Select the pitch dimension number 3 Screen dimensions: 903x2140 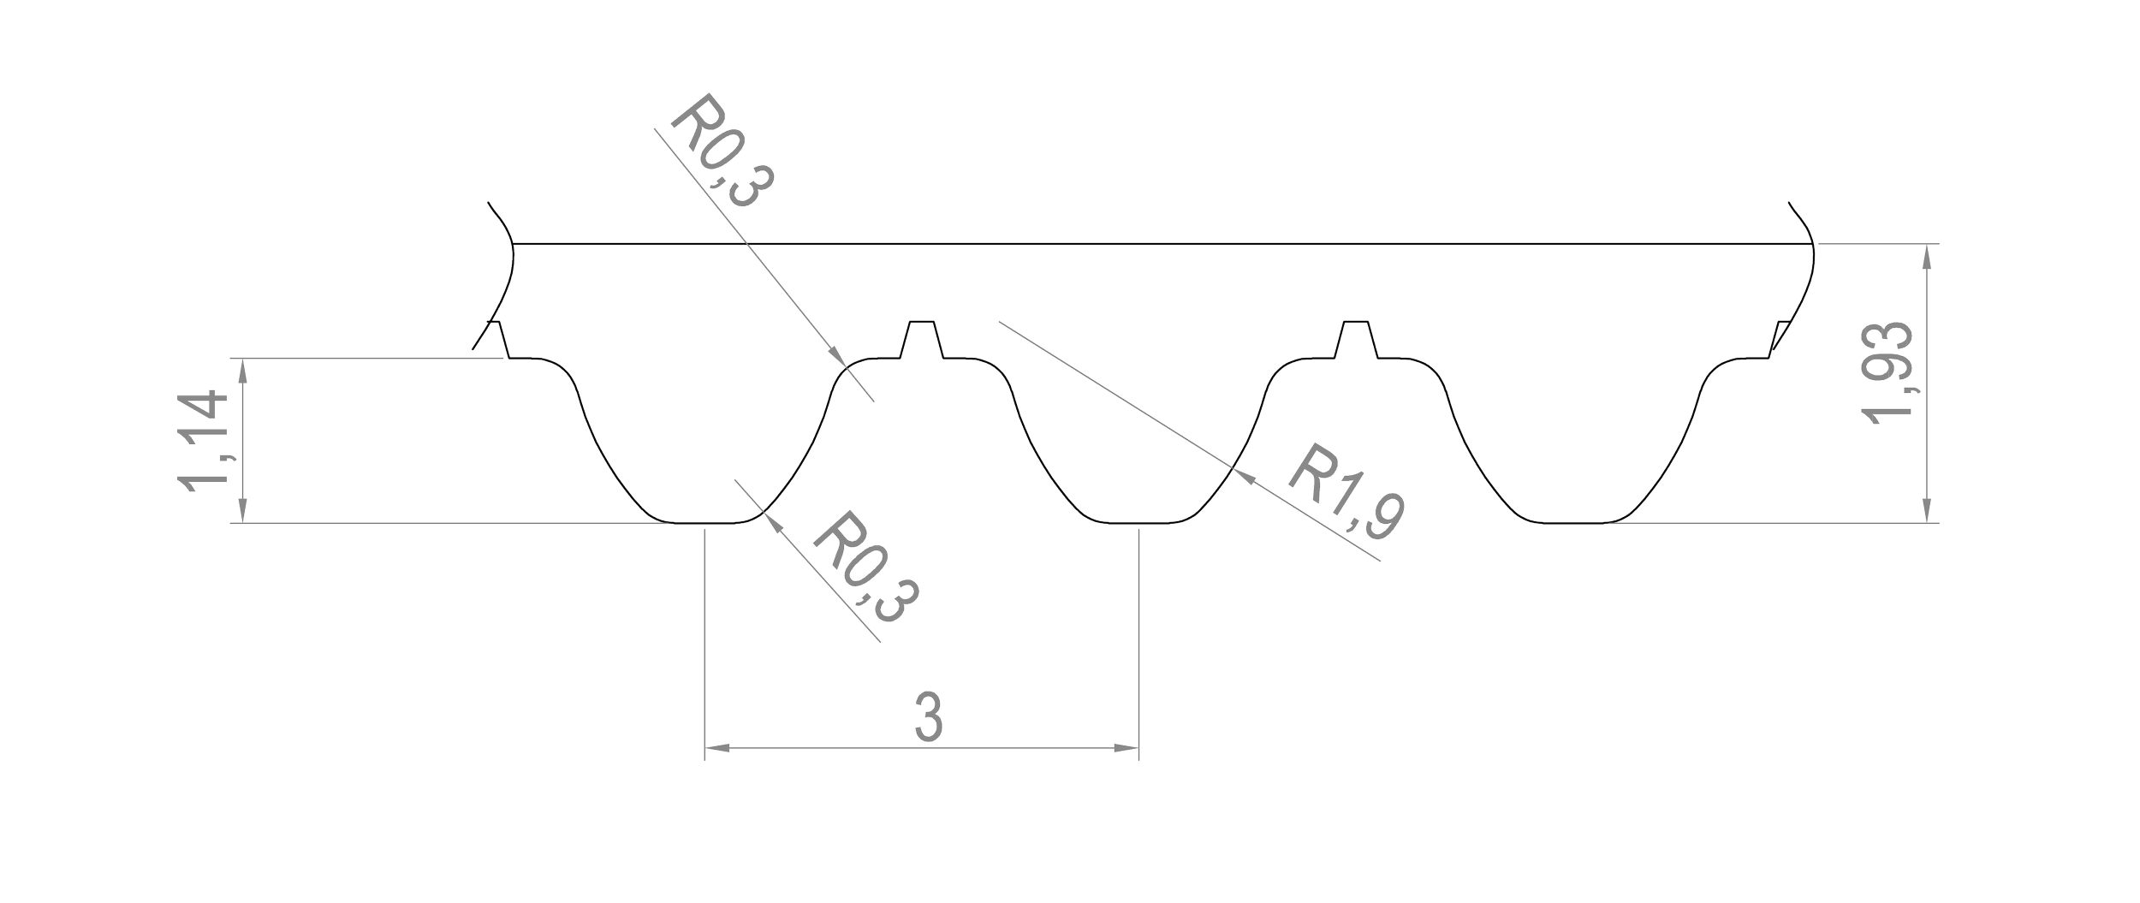click(929, 715)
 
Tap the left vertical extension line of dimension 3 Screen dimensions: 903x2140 click(704, 642)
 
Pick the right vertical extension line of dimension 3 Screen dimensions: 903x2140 click(1138, 642)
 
